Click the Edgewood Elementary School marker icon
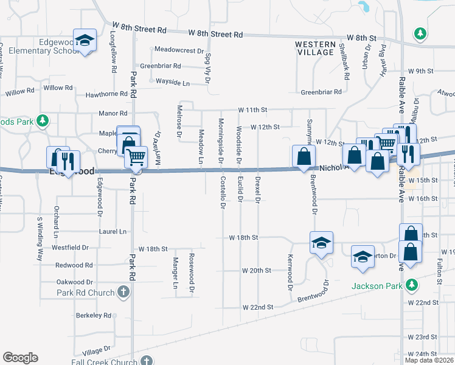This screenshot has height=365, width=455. coord(85,41)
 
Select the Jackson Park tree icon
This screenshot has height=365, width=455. coord(412,284)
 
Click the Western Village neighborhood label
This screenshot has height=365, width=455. coord(314,48)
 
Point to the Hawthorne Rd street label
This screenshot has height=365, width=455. coord(106,94)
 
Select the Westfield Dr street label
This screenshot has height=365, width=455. coord(71,248)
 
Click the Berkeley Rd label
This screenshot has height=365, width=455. coord(93,316)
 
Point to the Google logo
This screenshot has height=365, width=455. coord(20,358)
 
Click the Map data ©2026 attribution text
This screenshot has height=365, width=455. coord(429,360)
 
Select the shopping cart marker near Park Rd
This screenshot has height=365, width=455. coord(136,158)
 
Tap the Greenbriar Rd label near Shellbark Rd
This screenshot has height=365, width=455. coord(321,92)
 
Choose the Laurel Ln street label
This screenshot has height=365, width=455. coord(114,232)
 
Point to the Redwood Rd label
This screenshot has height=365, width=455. coord(74,265)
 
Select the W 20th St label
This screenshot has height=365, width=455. coord(256,270)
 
